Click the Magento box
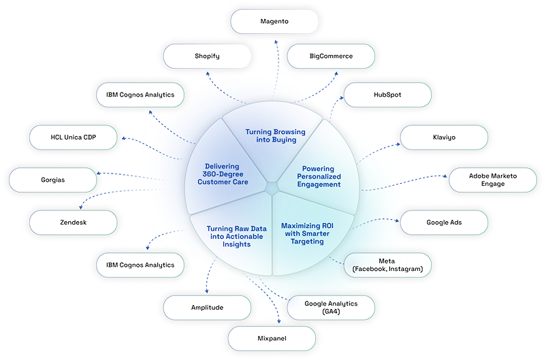point(274,21)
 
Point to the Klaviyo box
point(443,137)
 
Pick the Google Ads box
point(443,223)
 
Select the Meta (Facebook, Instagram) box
point(388,265)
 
